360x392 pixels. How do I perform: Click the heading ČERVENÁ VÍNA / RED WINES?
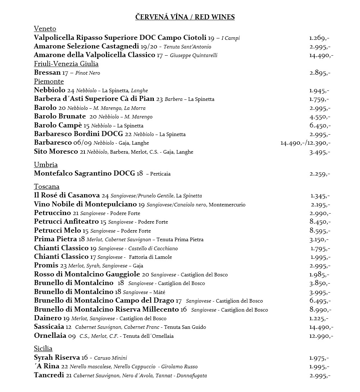[x=185, y=17]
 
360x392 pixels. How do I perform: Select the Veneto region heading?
[x=45, y=29]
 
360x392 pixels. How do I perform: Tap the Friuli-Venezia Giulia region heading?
[x=66, y=64]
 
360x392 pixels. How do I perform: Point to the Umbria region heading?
[x=46, y=165]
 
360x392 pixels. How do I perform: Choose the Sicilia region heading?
[x=43, y=349]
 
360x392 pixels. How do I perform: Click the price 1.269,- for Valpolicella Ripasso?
[x=319, y=38]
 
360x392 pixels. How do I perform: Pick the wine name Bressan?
[x=47, y=73]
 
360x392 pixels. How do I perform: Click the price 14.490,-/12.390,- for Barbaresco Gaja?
[x=305, y=143]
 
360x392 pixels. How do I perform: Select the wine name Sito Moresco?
[x=56, y=151]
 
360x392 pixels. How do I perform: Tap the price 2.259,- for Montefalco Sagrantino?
[x=320, y=174]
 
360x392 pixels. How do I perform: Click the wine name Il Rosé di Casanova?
[x=67, y=196]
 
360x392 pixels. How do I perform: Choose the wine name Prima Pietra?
[x=55, y=239]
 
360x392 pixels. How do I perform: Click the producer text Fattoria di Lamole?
[x=151, y=257]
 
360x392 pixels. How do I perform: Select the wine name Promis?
[x=46, y=266]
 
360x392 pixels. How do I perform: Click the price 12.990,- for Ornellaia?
[x=321, y=336]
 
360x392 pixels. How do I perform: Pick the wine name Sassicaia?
[x=50, y=327]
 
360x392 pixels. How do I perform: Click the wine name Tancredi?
[x=49, y=375]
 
